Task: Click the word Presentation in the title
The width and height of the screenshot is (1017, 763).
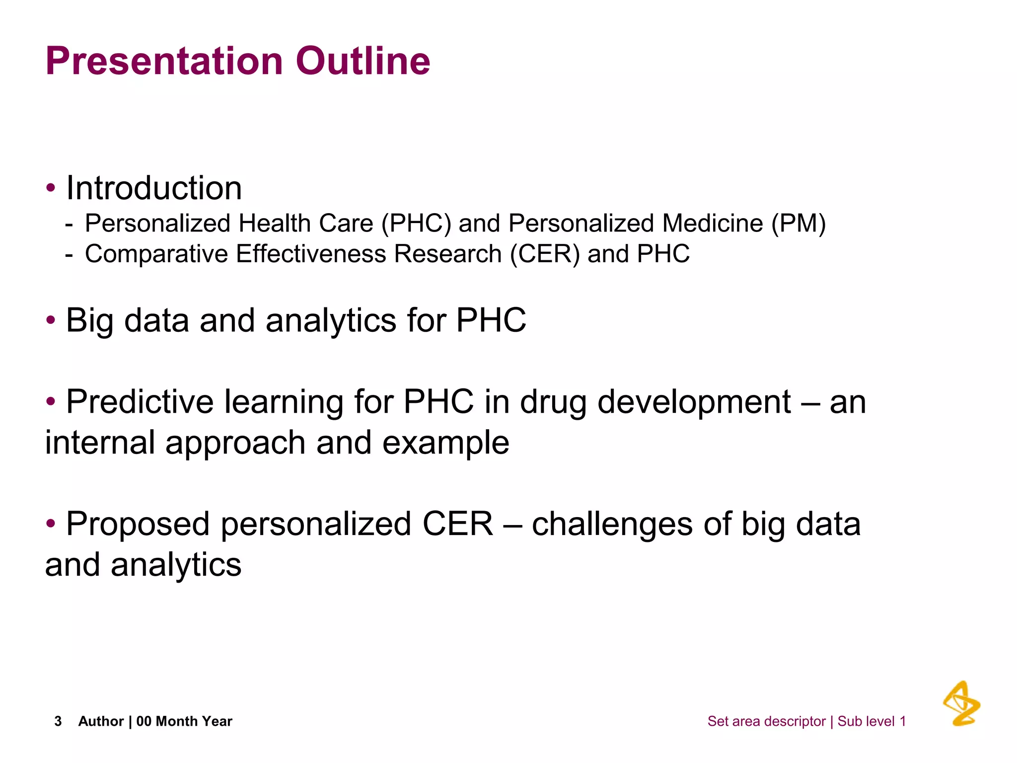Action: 164,62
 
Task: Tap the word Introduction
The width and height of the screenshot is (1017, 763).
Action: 154,188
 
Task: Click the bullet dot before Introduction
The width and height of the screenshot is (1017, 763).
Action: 51,188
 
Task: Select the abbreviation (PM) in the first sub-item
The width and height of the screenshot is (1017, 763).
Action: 798,224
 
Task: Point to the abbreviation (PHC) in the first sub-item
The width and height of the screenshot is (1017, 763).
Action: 416,224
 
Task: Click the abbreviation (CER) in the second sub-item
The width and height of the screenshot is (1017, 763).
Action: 545,254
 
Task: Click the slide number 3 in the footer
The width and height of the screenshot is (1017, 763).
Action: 58,721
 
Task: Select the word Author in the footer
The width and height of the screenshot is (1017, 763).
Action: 101,721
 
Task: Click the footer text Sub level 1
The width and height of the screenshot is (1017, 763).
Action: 872,721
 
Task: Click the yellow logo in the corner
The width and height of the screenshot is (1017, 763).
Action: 961,703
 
